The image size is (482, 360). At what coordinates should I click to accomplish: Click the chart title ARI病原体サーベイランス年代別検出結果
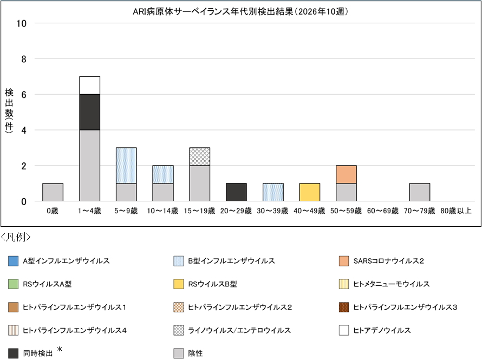(240, 11)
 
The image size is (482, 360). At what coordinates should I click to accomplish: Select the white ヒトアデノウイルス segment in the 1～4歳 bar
(89, 85)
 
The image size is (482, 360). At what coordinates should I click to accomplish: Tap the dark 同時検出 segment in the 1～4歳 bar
(89, 112)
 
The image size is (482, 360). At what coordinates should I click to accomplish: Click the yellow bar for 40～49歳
(310, 192)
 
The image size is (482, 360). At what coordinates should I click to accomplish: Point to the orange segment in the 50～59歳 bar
(347, 174)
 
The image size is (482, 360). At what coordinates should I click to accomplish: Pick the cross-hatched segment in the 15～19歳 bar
(199, 156)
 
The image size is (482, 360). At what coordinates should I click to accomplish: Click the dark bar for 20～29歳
(236, 192)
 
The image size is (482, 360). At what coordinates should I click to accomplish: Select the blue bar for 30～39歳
(273, 192)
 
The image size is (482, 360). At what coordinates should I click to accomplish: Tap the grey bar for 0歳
(53, 192)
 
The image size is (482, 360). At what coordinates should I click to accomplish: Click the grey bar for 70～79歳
(420, 192)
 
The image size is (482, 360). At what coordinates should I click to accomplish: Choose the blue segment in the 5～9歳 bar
(126, 165)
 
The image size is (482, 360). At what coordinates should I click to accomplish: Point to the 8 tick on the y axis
(24, 58)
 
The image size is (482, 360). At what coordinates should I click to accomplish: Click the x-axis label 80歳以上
(456, 211)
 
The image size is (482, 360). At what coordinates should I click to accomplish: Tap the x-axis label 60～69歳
(383, 211)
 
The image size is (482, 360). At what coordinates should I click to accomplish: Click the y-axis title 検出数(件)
(9, 112)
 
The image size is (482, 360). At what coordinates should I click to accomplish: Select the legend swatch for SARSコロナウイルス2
(344, 261)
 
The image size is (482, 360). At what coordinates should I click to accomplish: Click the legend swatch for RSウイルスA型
(13, 284)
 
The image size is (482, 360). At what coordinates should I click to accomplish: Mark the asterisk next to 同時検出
(60, 350)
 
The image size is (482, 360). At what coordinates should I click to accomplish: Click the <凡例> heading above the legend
(16, 237)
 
